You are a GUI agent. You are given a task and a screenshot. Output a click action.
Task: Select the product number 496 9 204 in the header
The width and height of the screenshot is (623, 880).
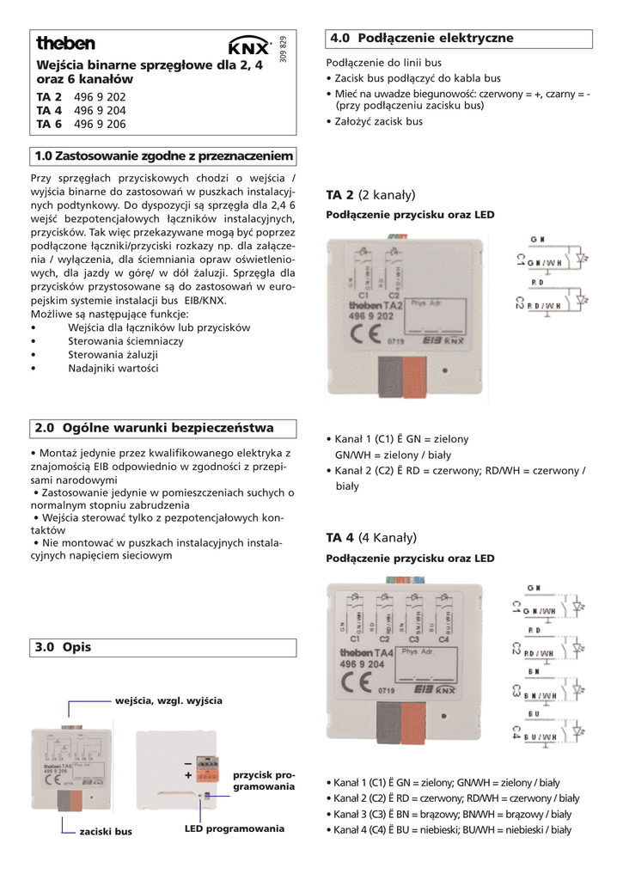pyautogui.click(x=100, y=111)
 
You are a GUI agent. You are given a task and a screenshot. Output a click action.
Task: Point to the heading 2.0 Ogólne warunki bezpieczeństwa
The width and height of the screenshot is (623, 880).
pyautogui.click(x=154, y=427)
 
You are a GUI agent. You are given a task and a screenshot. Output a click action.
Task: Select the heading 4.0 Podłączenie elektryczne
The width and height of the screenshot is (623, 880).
pyautogui.click(x=421, y=38)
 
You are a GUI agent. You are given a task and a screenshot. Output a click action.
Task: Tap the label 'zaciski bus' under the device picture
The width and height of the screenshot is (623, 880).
pyautogui.click(x=106, y=832)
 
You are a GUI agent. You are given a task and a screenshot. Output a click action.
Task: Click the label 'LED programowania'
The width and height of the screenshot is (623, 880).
pyautogui.click(x=234, y=828)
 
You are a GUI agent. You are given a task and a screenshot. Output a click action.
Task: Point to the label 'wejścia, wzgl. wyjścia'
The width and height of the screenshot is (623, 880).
pyautogui.click(x=168, y=701)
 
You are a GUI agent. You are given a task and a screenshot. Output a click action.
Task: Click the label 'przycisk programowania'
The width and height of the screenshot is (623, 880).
pyautogui.click(x=263, y=780)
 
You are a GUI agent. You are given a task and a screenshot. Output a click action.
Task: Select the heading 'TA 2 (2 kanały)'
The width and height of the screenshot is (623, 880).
pyautogui.click(x=370, y=195)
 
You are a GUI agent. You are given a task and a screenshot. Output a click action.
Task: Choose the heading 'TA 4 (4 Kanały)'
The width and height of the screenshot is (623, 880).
pyautogui.click(x=370, y=537)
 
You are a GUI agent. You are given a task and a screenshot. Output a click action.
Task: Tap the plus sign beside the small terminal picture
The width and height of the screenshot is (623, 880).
pyautogui.click(x=187, y=775)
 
